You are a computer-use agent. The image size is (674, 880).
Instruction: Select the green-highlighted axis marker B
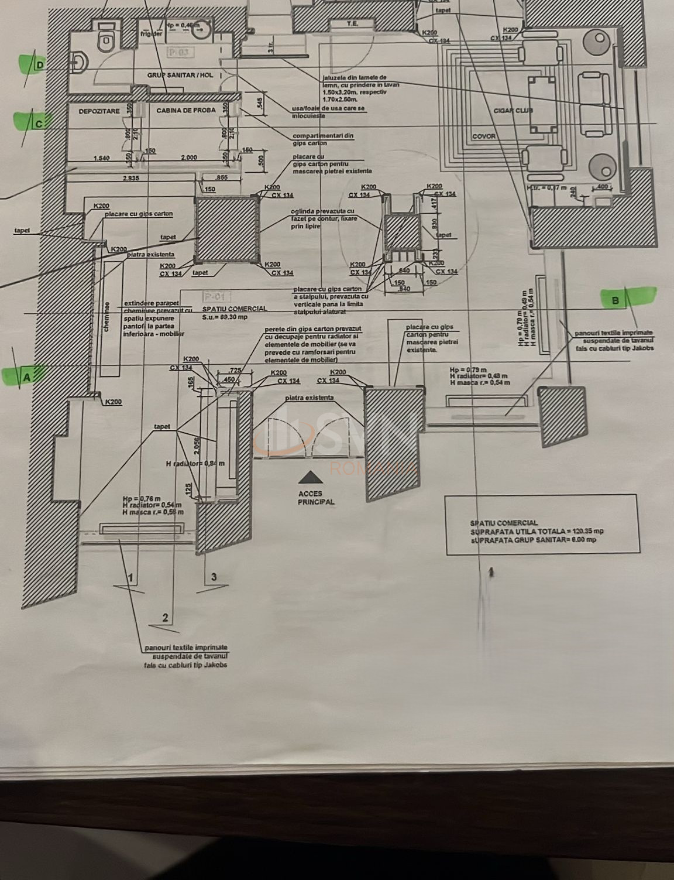(x=615, y=300)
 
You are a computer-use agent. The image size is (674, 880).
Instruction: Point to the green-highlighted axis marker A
(x=26, y=377)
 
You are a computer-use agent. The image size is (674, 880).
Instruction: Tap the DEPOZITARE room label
(x=99, y=111)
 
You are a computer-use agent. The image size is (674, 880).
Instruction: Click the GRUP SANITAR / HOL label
(x=180, y=76)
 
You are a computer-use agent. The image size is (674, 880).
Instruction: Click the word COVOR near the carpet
(x=484, y=136)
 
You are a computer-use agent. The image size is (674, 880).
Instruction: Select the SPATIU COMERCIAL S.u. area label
(x=234, y=312)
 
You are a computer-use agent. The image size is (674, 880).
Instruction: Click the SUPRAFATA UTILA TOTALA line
(x=537, y=531)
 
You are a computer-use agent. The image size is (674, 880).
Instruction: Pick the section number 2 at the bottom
(x=165, y=617)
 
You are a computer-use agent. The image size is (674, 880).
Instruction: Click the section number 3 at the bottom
(x=214, y=577)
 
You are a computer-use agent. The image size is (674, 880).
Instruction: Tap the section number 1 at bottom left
(x=130, y=578)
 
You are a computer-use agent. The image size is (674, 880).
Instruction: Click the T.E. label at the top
(x=352, y=23)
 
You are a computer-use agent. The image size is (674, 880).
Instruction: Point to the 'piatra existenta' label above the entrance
(x=310, y=398)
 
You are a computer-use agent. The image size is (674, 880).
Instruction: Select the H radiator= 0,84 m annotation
(x=195, y=464)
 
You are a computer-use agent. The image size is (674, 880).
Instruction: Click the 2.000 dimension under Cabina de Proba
(x=188, y=157)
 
